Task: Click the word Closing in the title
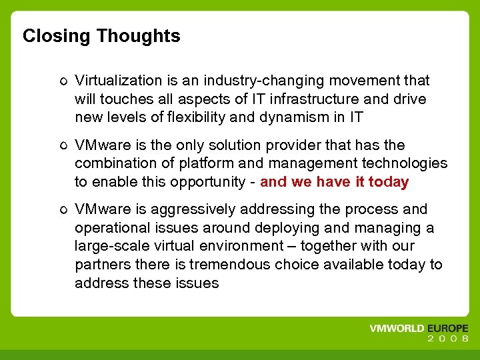(56, 36)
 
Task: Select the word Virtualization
(119, 81)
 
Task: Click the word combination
(112, 163)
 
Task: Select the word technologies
(407, 163)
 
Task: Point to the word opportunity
(214, 182)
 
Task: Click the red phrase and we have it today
(334, 182)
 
